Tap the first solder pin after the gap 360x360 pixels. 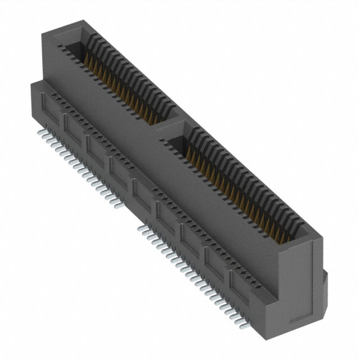point(144,225)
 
